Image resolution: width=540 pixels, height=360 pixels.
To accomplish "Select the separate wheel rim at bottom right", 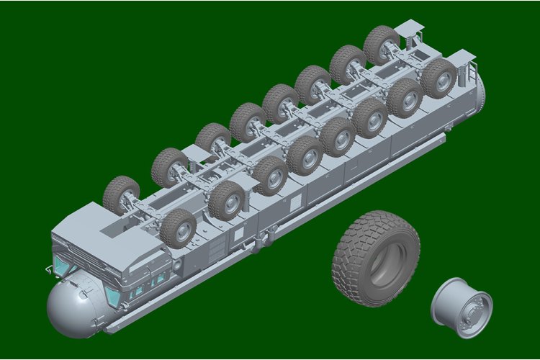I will pos(461,307).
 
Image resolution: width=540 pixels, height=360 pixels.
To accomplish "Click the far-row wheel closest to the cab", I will pos(121,194).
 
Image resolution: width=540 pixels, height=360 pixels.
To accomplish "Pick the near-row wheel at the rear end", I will pos(438,78).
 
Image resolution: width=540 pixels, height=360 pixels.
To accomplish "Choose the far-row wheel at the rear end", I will pos(381,45).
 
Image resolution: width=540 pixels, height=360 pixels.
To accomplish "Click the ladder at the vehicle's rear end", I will pos(472,72).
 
